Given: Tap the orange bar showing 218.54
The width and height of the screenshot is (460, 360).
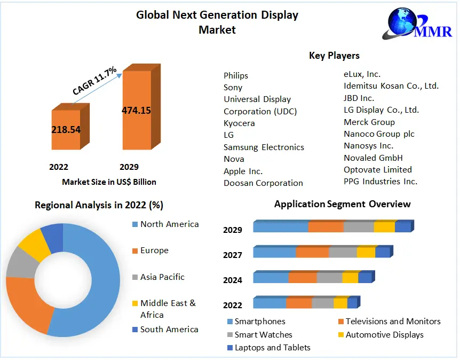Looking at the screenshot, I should pos(66,129).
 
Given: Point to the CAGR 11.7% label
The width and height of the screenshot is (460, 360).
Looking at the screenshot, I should pos(94,81).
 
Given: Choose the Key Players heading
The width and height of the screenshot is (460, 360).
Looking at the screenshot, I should pos(334,56).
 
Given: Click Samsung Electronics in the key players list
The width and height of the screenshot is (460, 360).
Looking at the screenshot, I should pos(264,147).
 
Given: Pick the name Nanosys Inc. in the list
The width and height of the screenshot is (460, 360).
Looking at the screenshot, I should pos(368,145).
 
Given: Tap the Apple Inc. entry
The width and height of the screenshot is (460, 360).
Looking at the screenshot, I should pos(243,171).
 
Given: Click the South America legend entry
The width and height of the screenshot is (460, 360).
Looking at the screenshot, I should pos(169,330).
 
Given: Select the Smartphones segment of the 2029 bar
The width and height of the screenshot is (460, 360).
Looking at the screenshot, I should pos(281,227).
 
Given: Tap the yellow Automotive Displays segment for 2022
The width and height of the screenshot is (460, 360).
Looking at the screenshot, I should pos(340,303).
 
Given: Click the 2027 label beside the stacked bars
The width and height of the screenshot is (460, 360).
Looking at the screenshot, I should pos(233,255).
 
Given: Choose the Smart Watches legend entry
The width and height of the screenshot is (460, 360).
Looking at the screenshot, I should pos(263,334).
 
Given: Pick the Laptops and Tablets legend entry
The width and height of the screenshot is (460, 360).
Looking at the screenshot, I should pos(272,347).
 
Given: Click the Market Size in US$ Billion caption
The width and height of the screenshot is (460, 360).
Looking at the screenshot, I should pos(109,182).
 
